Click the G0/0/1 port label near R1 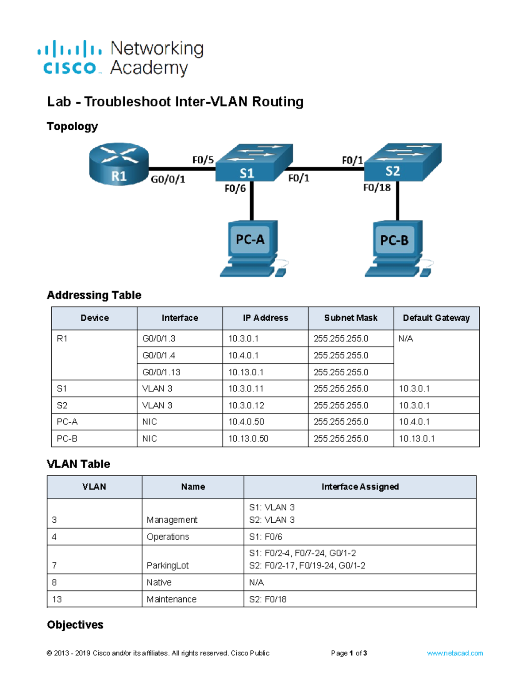tap(168, 179)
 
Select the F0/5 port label tap(203, 160)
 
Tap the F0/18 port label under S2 tap(377, 188)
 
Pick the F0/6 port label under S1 tap(235, 189)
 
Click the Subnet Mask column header tap(350, 318)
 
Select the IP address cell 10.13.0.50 tap(248, 439)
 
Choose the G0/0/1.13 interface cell tap(162, 372)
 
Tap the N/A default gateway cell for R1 tap(406, 339)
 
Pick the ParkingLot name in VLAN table tap(168, 566)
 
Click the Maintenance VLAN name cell tap(172, 599)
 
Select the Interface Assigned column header tap(360, 487)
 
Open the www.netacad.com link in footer tap(455, 653)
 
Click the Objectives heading tap(75, 625)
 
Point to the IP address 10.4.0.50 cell tap(246, 422)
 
